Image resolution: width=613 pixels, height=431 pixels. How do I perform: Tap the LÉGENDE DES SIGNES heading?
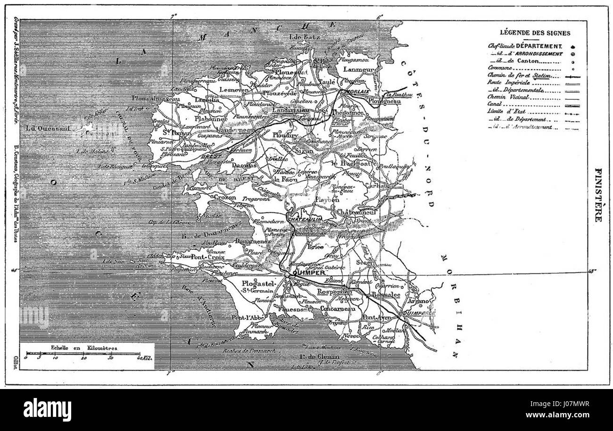(535, 33)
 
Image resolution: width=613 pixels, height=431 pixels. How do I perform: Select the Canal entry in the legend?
(494, 104)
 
